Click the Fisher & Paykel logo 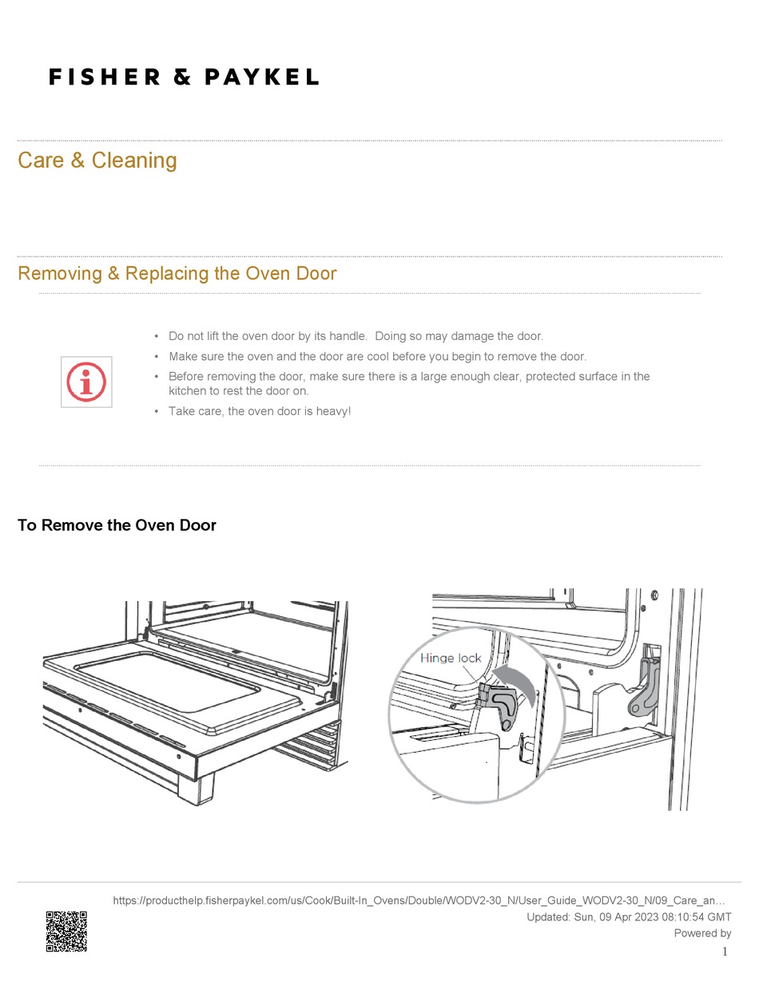tap(184, 77)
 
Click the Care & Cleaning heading tap(97, 160)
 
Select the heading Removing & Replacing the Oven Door tap(177, 274)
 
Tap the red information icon tap(86, 382)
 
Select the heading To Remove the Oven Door tap(117, 525)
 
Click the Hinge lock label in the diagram tap(451, 659)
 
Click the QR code tap(66, 931)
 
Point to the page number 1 tap(725, 952)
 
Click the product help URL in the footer tap(419, 900)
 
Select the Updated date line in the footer tap(629, 917)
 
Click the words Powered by tap(702, 933)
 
